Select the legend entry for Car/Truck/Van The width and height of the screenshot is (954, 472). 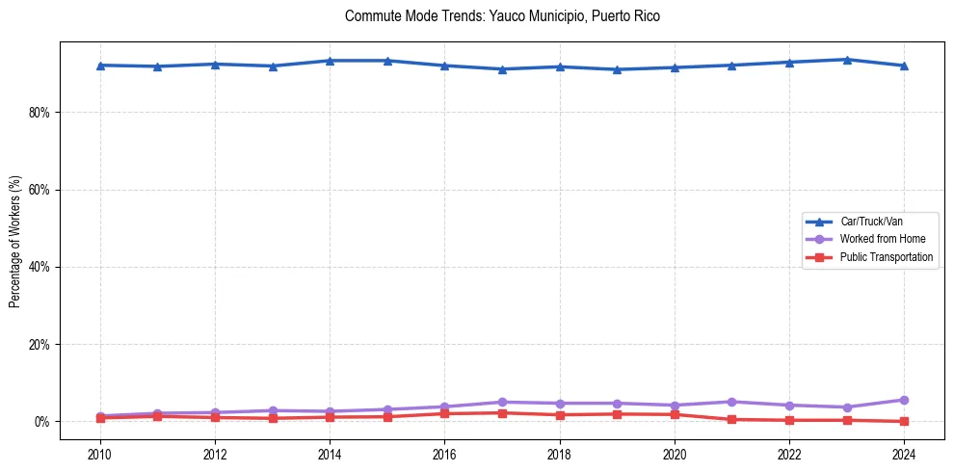[871, 222]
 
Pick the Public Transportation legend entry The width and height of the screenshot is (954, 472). [886, 257]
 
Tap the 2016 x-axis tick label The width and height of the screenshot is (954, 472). [444, 454]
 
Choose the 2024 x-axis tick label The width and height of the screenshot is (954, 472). [904, 454]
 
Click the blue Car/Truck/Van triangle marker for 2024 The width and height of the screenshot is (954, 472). [904, 66]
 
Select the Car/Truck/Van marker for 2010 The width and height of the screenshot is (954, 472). [100, 65]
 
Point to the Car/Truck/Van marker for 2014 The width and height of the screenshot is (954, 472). [330, 61]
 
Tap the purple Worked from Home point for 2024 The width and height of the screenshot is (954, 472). [904, 400]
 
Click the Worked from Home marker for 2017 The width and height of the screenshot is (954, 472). [502, 402]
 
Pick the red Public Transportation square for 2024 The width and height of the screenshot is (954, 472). [904, 421]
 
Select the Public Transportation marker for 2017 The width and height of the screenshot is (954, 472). [502, 413]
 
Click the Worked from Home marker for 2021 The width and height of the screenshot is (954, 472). [731, 402]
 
